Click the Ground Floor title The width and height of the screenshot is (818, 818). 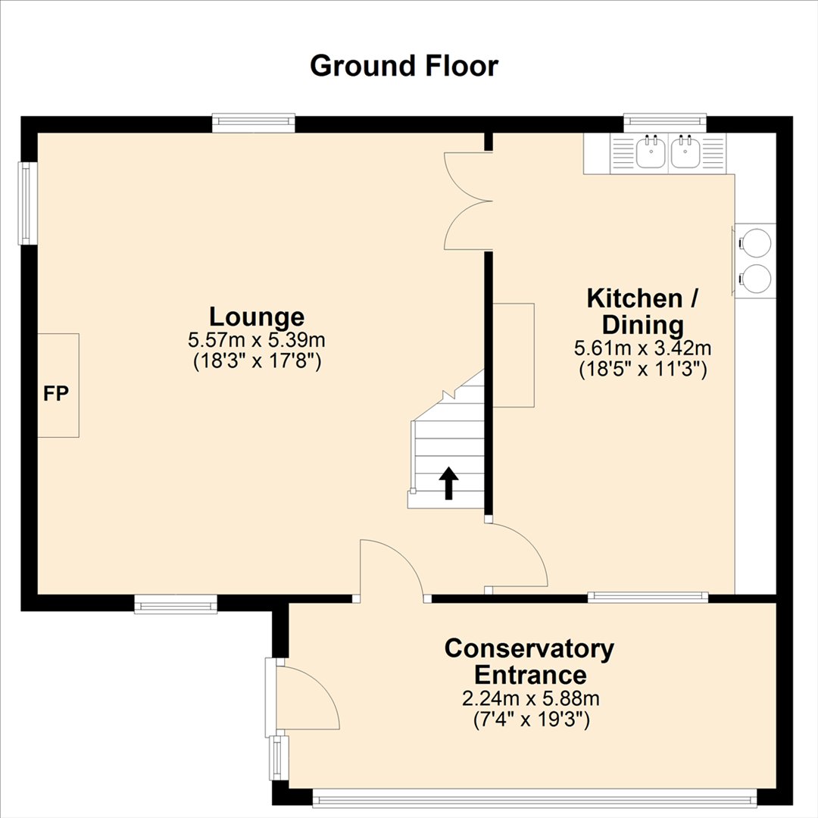click(x=404, y=66)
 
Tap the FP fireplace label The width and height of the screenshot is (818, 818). click(x=56, y=394)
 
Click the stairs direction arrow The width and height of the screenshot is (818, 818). click(x=448, y=483)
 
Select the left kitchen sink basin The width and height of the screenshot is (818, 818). click(x=651, y=151)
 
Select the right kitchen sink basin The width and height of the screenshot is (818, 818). click(x=685, y=151)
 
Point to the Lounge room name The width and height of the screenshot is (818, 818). click(x=257, y=317)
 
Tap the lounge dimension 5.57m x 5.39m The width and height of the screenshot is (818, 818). click(x=257, y=341)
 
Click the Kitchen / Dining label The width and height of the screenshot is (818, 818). click(x=643, y=311)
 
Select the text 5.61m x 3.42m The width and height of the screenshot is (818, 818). click(x=643, y=348)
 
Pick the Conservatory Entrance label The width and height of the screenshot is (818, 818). click(x=529, y=661)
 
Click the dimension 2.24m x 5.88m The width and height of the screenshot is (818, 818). click(x=530, y=698)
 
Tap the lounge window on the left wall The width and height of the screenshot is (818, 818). click(x=24, y=204)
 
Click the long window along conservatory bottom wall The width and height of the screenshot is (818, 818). click(x=535, y=797)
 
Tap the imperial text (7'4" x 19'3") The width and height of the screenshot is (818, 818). click(x=532, y=720)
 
